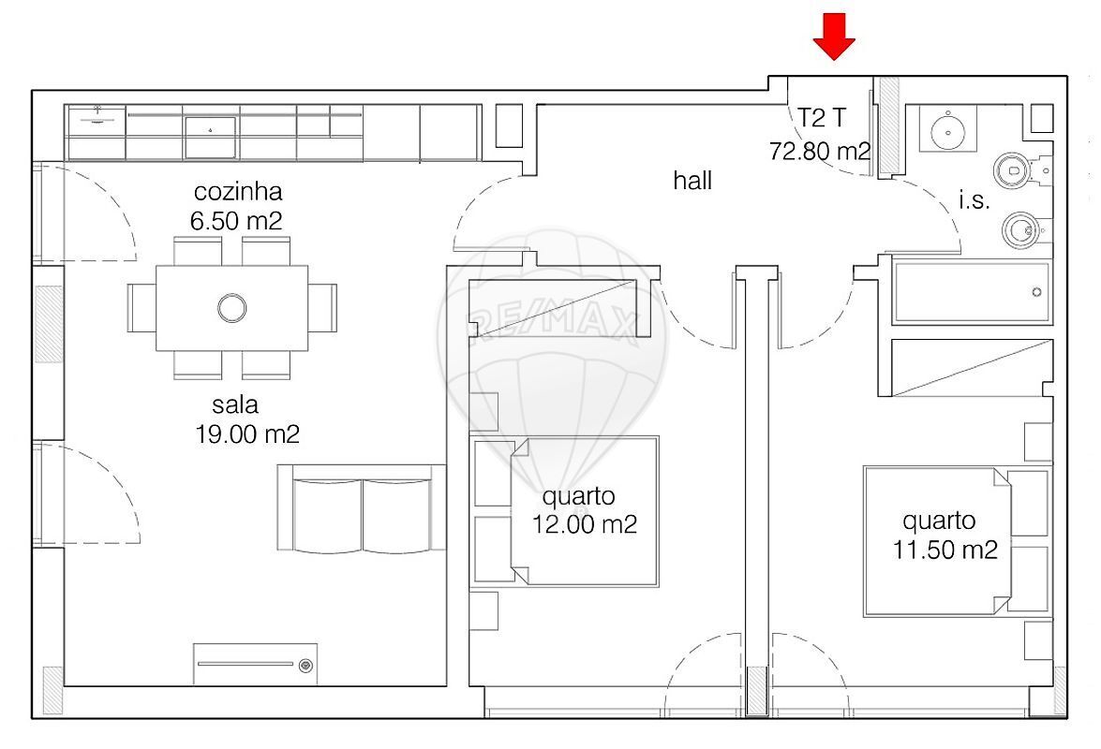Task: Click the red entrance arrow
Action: [834, 37]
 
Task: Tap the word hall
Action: [692, 181]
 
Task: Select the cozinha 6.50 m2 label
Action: [237, 206]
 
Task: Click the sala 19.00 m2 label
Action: [247, 419]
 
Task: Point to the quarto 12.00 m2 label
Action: [584, 510]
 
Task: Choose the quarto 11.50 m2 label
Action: [945, 536]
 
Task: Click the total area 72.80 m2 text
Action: [820, 151]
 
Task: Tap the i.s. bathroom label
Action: [975, 201]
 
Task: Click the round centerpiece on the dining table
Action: [231, 307]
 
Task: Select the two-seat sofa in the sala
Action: [362, 507]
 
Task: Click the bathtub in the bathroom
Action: [973, 292]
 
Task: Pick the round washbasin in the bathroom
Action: [948, 129]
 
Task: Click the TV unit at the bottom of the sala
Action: [255, 664]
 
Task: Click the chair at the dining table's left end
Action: [141, 307]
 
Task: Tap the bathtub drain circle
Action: [1036, 292]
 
